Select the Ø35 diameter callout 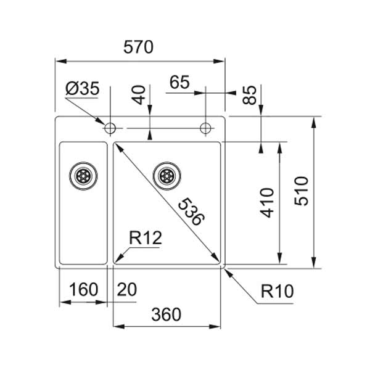81,89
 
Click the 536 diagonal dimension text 189,212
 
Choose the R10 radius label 278,290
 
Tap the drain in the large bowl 166,175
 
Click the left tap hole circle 110,128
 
